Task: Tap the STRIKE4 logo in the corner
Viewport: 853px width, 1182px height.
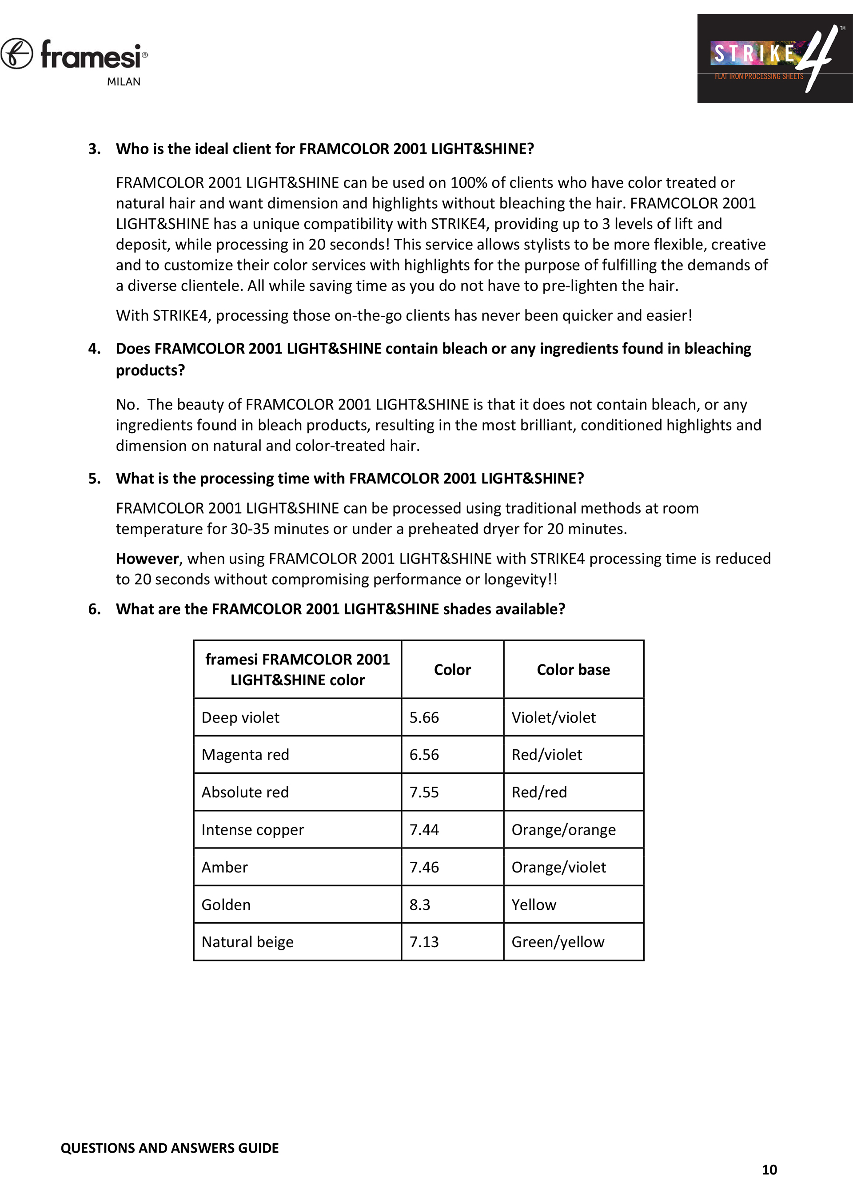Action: pyautogui.click(x=774, y=58)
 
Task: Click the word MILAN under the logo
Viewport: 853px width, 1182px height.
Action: pyautogui.click(x=124, y=82)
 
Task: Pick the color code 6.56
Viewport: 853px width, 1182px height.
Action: pyautogui.click(x=424, y=755)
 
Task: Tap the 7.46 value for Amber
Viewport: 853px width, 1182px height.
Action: pyautogui.click(x=424, y=867)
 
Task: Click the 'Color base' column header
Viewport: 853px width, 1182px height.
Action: pyautogui.click(x=574, y=670)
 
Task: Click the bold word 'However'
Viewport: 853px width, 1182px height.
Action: pyautogui.click(x=147, y=559)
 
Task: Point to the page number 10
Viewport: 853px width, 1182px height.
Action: pyautogui.click(x=769, y=1170)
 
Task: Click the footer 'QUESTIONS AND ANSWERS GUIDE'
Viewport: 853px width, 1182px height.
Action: pyautogui.click(x=169, y=1148)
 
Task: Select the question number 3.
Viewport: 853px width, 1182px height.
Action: pyautogui.click(x=94, y=149)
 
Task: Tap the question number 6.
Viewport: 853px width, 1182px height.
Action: pyautogui.click(x=94, y=609)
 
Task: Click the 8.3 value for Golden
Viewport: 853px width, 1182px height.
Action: pyautogui.click(x=420, y=905)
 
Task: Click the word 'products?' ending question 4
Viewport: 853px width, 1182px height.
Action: pyautogui.click(x=150, y=370)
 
